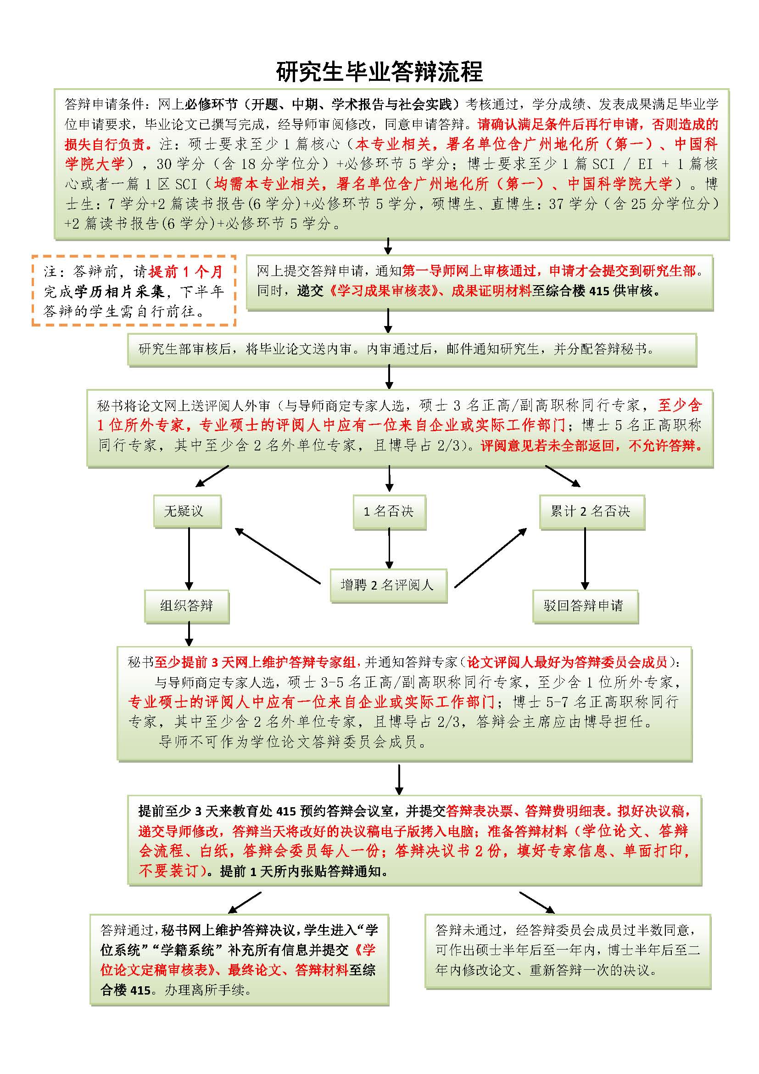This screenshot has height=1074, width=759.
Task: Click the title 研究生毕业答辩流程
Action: click(x=379, y=72)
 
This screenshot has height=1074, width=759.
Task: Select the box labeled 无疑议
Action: click(x=187, y=511)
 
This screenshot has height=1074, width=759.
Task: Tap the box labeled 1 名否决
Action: click(x=389, y=511)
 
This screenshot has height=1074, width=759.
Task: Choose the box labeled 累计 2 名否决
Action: click(x=591, y=511)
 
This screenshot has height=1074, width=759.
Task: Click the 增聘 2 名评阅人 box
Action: click(x=388, y=585)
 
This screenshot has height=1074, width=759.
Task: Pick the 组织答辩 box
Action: click(x=186, y=606)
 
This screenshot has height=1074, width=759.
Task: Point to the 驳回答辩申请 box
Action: click(x=584, y=606)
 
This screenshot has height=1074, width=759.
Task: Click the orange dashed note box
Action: click(x=134, y=291)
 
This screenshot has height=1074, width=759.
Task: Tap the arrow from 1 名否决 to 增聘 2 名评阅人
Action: click(x=389, y=548)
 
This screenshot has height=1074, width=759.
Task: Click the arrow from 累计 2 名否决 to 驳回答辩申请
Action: click(x=585, y=559)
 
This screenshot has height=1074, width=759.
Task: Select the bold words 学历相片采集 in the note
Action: click(x=119, y=292)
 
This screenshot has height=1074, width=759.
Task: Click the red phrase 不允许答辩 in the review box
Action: click(x=665, y=445)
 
